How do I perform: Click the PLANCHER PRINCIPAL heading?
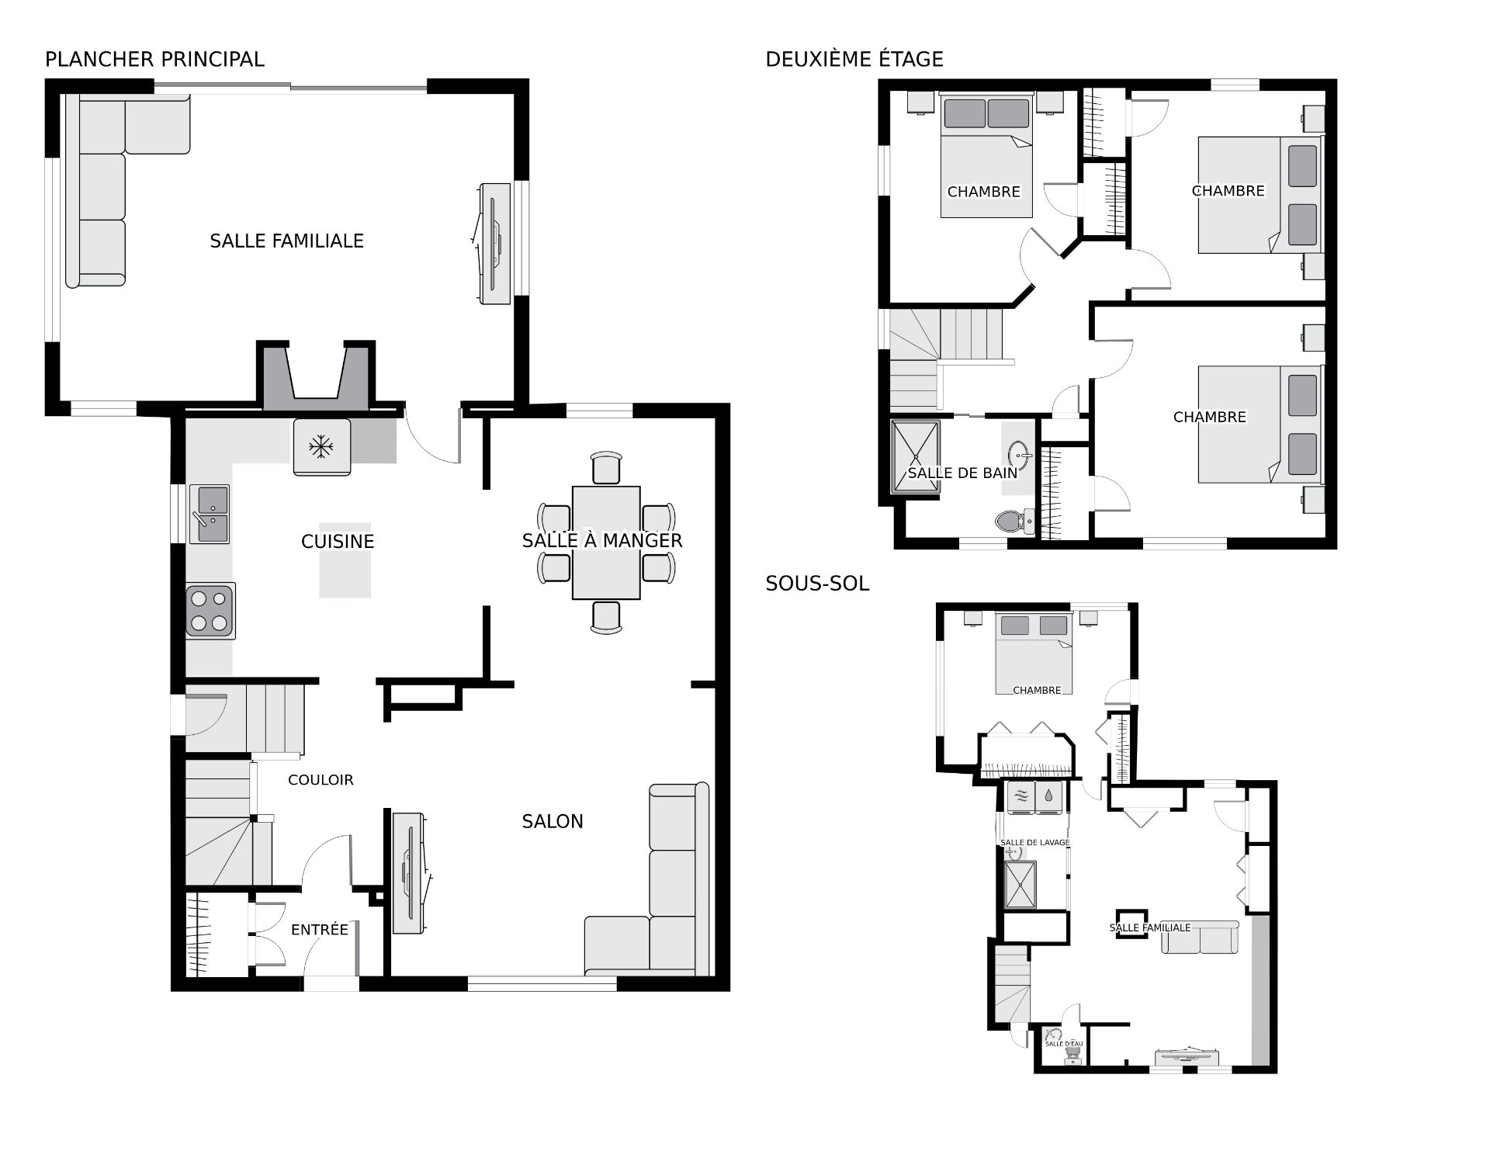[x=154, y=59]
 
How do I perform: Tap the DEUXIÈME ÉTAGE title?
[x=854, y=59]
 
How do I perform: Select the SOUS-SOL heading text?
[x=816, y=583]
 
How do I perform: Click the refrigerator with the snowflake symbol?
[x=321, y=447]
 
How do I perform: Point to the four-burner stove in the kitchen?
[x=210, y=611]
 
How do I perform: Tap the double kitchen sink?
[x=210, y=514]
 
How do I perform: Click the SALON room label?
[x=552, y=821]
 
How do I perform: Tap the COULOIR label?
[x=321, y=780]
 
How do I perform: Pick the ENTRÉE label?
[x=319, y=929]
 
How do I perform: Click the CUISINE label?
[x=338, y=541]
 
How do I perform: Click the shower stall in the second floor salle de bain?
[x=915, y=456]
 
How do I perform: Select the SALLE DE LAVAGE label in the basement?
[x=1034, y=842]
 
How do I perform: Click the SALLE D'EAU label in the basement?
[x=1063, y=1043]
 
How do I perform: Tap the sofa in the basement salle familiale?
[x=1200, y=939]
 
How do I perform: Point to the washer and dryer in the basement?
[x=1034, y=796]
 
